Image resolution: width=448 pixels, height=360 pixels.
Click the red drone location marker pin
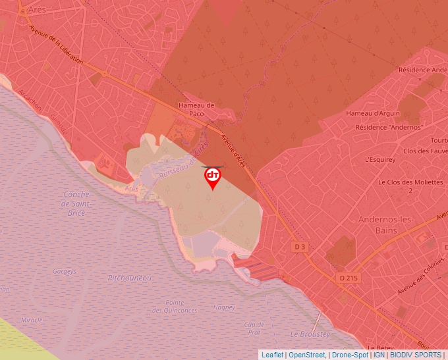[213, 177]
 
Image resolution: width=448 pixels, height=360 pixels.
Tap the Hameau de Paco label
[196, 109]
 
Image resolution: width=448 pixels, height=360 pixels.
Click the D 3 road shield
[300, 246]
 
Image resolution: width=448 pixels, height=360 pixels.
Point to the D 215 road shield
[349, 278]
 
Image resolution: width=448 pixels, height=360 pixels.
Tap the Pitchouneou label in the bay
[130, 278]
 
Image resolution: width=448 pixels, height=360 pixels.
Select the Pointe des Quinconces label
[175, 306]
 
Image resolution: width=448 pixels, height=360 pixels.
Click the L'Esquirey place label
[380, 159]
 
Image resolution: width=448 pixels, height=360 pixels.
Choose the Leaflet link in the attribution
[273, 355]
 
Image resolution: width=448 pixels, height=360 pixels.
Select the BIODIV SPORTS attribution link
[416, 355]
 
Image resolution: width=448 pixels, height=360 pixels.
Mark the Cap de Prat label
[254, 328]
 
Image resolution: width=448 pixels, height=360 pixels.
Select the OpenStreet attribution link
[307, 355]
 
